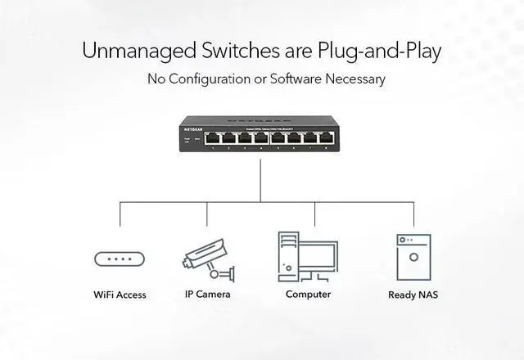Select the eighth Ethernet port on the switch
[x=327, y=137]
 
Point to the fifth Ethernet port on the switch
[x=278, y=137]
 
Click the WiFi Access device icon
[x=120, y=259]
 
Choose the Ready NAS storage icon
[x=413, y=258]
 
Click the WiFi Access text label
[x=120, y=295]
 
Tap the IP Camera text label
[x=207, y=295]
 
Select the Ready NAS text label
[x=413, y=295]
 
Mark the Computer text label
[x=308, y=295]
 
